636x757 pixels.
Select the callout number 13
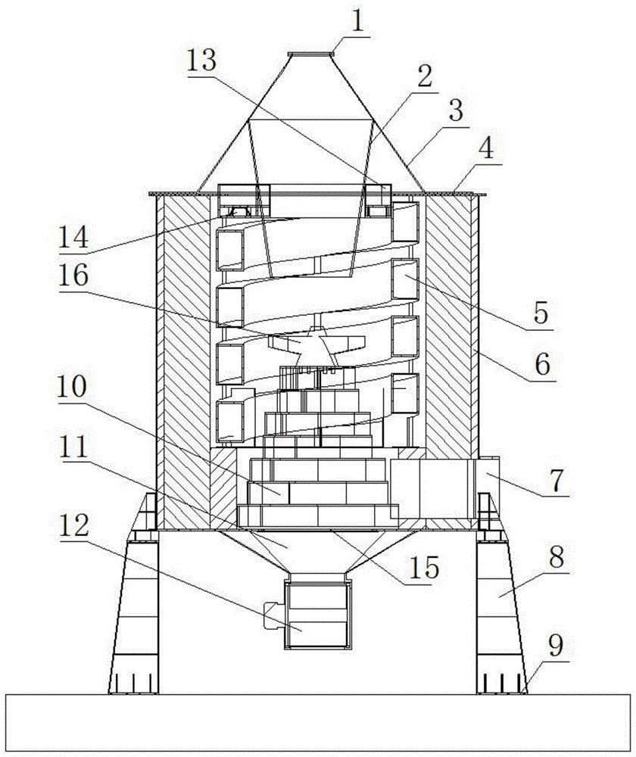point(202,61)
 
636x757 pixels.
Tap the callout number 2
point(424,76)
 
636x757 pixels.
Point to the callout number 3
point(455,111)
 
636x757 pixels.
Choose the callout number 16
point(74,276)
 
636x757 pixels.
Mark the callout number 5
point(541,313)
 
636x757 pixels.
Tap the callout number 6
point(542,365)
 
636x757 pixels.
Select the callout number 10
point(72,387)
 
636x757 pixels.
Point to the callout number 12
point(74,525)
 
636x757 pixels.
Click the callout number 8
point(555,558)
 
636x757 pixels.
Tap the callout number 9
point(556,646)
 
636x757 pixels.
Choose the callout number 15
point(424,567)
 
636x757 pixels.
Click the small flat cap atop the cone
point(310,55)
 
